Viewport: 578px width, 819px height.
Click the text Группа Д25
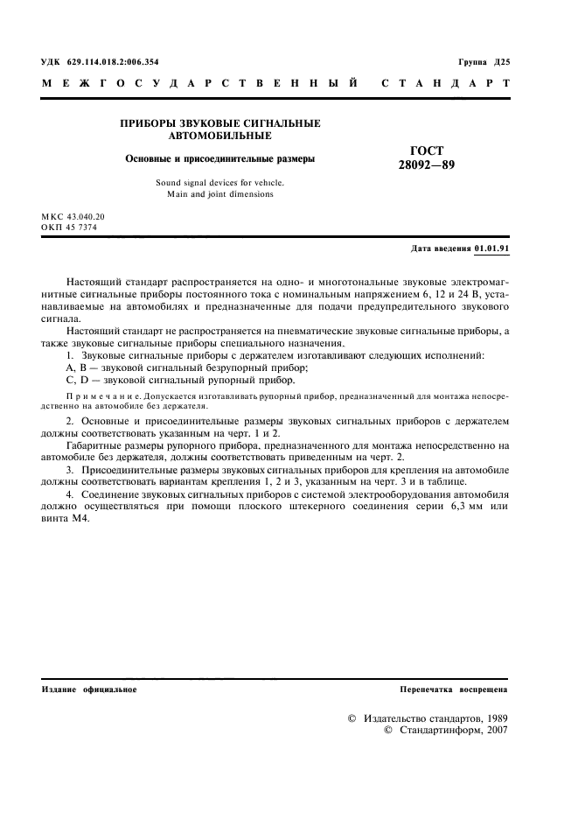[x=484, y=62]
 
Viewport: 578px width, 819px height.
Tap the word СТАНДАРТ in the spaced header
[x=446, y=85]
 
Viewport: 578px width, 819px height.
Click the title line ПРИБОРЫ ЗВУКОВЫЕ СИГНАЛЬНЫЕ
[x=219, y=124]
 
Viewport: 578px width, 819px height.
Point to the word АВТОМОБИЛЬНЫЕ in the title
[x=219, y=136]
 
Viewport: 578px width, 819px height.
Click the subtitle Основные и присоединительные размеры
[x=219, y=159]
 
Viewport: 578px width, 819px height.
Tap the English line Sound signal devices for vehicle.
[x=219, y=182]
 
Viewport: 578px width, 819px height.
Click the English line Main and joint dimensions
[x=219, y=194]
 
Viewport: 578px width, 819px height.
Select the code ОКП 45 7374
[x=69, y=227]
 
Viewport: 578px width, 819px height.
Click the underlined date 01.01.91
[x=492, y=248]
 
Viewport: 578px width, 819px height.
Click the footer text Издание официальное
[x=89, y=689]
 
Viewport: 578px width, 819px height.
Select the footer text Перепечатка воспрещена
[x=453, y=689]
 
